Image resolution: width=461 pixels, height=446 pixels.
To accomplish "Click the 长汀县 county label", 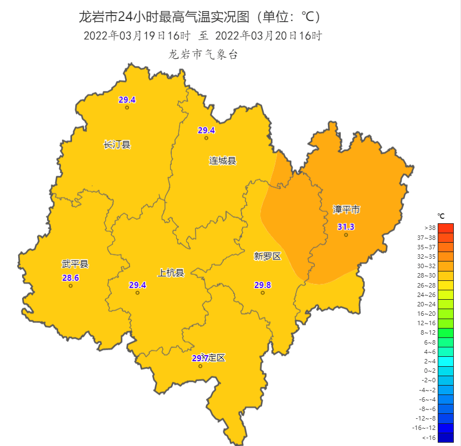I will coord(117,145).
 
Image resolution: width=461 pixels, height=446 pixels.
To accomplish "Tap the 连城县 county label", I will coord(222,161).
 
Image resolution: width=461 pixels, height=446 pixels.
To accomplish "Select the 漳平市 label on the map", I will coord(346,209).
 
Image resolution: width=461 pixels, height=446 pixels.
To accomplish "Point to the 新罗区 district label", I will coord(268,256).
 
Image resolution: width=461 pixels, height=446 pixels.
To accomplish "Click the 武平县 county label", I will coord(75,264).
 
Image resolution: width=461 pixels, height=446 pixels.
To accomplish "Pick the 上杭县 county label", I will coord(171,272).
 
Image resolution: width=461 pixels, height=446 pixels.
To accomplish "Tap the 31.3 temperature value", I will coord(346,227).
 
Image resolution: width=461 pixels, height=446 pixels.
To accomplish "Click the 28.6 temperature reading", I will coord(71,278).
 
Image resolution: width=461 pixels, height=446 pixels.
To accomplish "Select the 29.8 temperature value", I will coord(263,285).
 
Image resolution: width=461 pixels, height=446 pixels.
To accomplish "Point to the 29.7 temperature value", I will coord(200,358).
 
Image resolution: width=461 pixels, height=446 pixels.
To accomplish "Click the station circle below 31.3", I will coord(346,235).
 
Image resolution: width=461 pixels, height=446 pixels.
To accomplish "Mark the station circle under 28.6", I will coord(71,286).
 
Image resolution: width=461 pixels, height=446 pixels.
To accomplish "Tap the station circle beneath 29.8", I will coord(263,293).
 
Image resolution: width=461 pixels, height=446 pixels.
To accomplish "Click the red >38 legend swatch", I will coord(445,228).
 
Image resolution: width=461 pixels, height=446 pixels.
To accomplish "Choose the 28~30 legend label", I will coord(429,275).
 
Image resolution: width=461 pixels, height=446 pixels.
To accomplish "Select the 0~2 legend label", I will coord(429,371).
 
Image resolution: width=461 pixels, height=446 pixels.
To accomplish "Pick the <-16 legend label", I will coord(429,437).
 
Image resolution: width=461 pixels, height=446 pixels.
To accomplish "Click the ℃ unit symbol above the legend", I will coord(441,216).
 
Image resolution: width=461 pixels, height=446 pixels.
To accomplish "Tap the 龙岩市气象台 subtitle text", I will coord(203,54).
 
